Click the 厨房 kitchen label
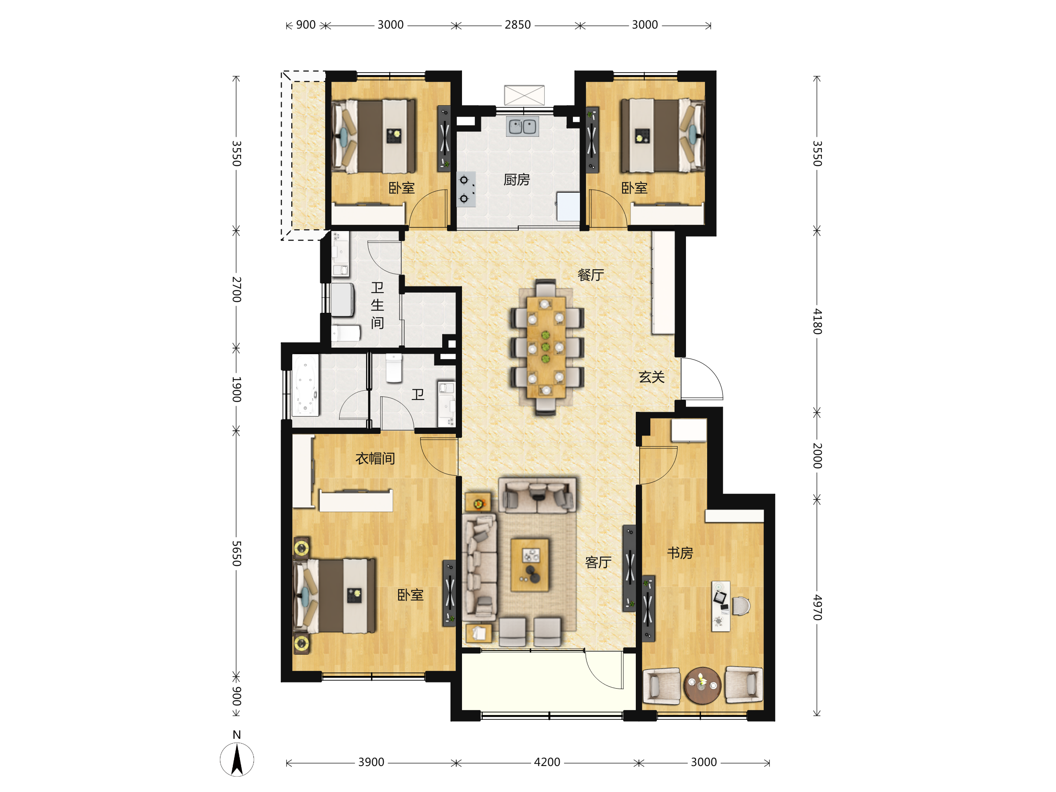click(517, 180)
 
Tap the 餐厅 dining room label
click(590, 275)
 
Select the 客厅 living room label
click(598, 562)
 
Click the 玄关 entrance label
click(652, 377)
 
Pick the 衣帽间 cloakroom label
click(375, 459)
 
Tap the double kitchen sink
click(522, 127)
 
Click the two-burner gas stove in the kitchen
click(466, 189)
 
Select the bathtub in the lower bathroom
click(305, 385)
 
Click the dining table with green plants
click(546, 347)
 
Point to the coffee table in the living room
click(529, 565)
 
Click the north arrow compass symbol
click(237, 759)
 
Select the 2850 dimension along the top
click(517, 25)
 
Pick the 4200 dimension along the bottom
click(547, 762)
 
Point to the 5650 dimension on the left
click(237, 554)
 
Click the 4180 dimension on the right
click(818, 321)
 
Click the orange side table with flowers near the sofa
click(478, 502)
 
